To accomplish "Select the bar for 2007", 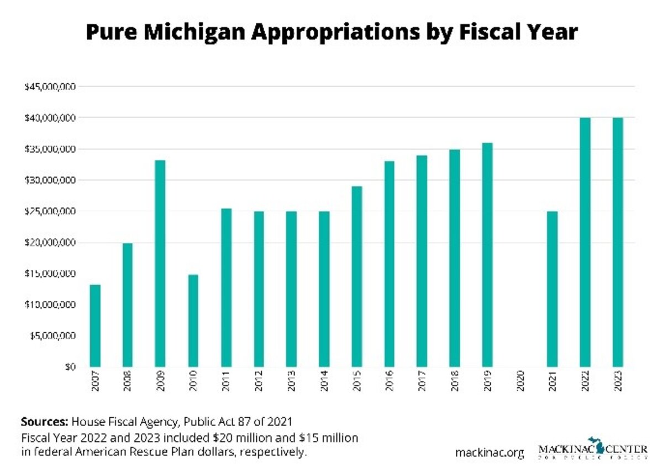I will click(x=95, y=326).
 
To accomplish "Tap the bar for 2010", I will click(x=193, y=321).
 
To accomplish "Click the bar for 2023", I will click(x=617, y=242).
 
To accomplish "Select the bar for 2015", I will click(x=356, y=276).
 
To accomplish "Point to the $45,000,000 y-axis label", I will click(x=50, y=87).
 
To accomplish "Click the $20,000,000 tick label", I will click(x=50, y=243).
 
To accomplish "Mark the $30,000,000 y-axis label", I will click(x=50, y=180).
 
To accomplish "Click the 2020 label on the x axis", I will click(x=520, y=381).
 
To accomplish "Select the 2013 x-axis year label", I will click(x=291, y=381).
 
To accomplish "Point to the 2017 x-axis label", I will click(x=422, y=381).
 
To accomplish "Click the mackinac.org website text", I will click(x=490, y=453).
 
